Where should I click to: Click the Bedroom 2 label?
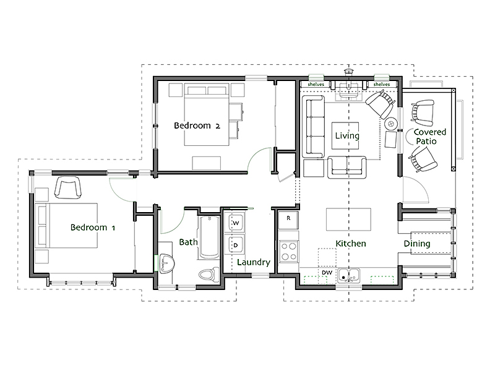[197, 126]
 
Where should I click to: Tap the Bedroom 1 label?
[93, 228]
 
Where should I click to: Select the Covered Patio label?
[429, 137]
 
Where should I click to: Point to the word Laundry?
[254, 262]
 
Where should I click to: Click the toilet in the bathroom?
[209, 274]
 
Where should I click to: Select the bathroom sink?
[165, 263]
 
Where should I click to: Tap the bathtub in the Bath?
[209, 237]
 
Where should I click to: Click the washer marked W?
[235, 223]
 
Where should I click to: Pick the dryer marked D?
[235, 245]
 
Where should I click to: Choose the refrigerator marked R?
[288, 220]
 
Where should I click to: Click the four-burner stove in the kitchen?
[288, 251]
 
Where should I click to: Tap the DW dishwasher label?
[327, 273]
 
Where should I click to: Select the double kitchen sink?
[348, 275]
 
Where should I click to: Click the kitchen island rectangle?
[348, 220]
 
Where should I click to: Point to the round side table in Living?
[391, 123]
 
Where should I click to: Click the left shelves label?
[316, 84]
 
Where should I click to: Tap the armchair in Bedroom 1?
[68, 187]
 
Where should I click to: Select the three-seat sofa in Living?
[313, 126]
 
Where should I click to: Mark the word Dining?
[417, 244]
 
